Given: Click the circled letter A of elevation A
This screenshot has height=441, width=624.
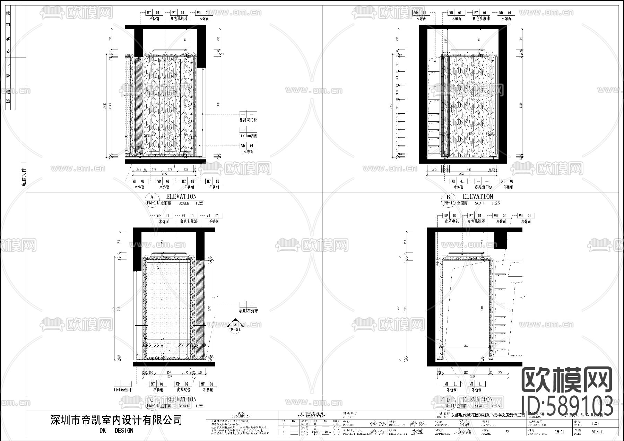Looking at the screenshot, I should point(151,197).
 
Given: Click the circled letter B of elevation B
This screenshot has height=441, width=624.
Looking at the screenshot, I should point(448,197).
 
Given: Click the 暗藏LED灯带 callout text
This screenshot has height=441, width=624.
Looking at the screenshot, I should point(248,311).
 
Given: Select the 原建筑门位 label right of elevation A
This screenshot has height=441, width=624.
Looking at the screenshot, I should point(248,120).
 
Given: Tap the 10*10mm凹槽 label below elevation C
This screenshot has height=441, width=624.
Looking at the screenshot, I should point(123,390).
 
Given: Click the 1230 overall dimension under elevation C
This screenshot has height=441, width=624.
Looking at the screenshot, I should point(169,376).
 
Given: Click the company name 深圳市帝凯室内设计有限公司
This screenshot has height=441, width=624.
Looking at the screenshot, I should point(116,421).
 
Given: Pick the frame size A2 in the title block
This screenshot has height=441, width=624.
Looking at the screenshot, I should point(507,432).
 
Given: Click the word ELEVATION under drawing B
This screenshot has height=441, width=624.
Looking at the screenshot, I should point(478,197).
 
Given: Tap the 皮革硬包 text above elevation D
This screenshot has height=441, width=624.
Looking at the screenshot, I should point(451,221).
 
